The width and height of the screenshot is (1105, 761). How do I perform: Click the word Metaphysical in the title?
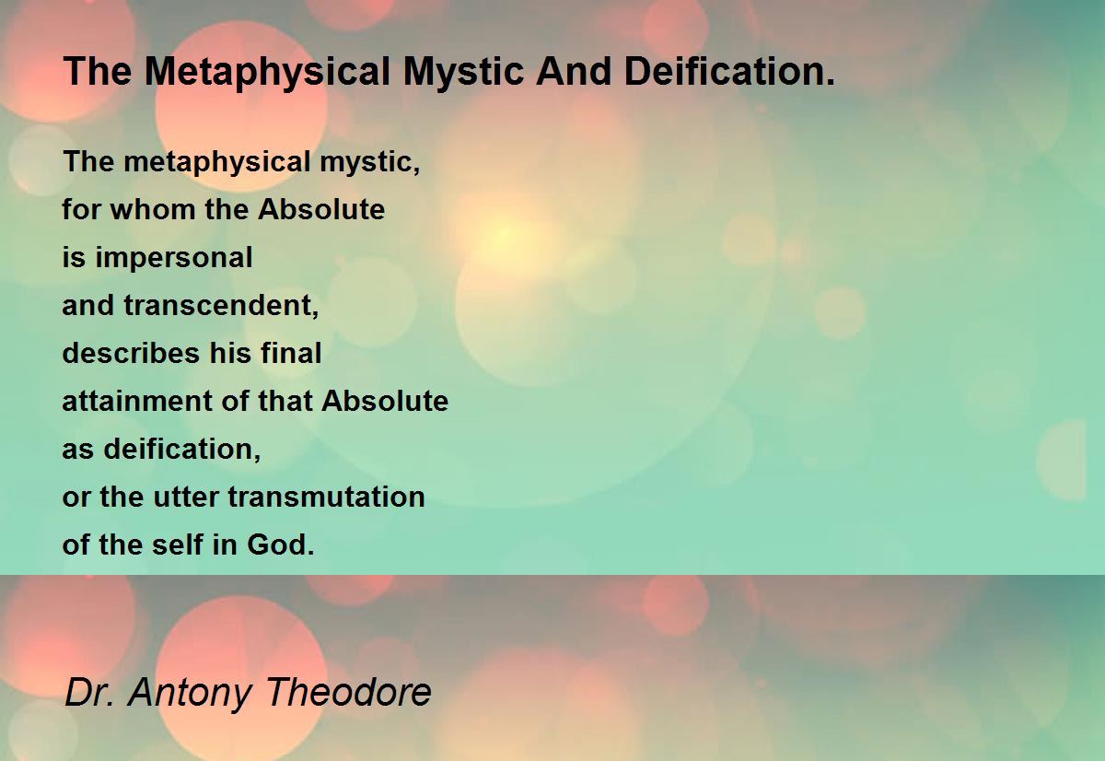pyautogui.click(x=267, y=73)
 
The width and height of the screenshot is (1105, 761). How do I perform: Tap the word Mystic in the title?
pyautogui.click(x=462, y=73)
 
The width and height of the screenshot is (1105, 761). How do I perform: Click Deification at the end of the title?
pyautogui.click(x=729, y=71)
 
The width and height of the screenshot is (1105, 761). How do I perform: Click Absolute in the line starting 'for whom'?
pyautogui.click(x=321, y=209)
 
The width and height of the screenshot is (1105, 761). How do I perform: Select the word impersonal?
pyautogui.click(x=174, y=259)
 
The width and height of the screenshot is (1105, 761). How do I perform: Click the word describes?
pyautogui.click(x=131, y=354)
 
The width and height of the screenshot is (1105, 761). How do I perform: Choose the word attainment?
pyautogui.click(x=137, y=401)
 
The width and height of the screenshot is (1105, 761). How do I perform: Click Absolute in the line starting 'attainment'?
pyautogui.click(x=385, y=401)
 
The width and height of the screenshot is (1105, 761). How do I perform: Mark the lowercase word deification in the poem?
pyautogui.click(x=181, y=449)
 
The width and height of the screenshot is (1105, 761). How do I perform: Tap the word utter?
pyautogui.click(x=185, y=497)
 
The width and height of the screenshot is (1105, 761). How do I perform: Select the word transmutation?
pyautogui.click(x=326, y=497)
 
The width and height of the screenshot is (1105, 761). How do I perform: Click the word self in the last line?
pyautogui.click(x=178, y=544)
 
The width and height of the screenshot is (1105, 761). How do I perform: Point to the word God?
pyautogui.click(x=280, y=544)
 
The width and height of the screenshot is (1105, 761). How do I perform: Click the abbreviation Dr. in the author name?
pyautogui.click(x=89, y=692)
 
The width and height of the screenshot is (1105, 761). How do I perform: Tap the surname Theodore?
pyautogui.click(x=349, y=692)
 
